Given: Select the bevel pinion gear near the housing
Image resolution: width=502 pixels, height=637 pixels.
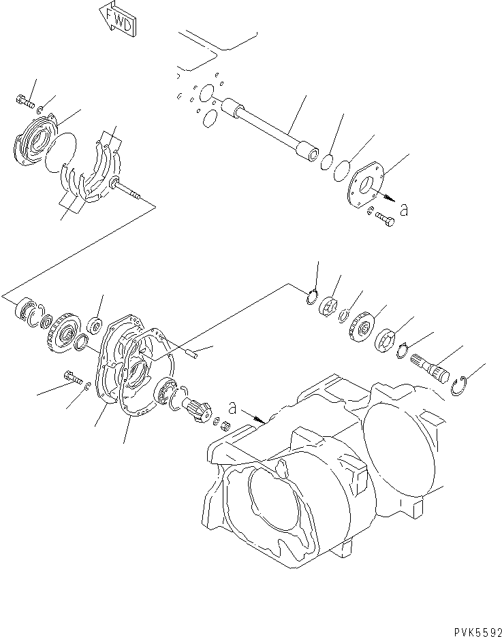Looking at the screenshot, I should [x=198, y=412].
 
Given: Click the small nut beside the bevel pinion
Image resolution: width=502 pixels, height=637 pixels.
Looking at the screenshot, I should [x=221, y=426].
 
